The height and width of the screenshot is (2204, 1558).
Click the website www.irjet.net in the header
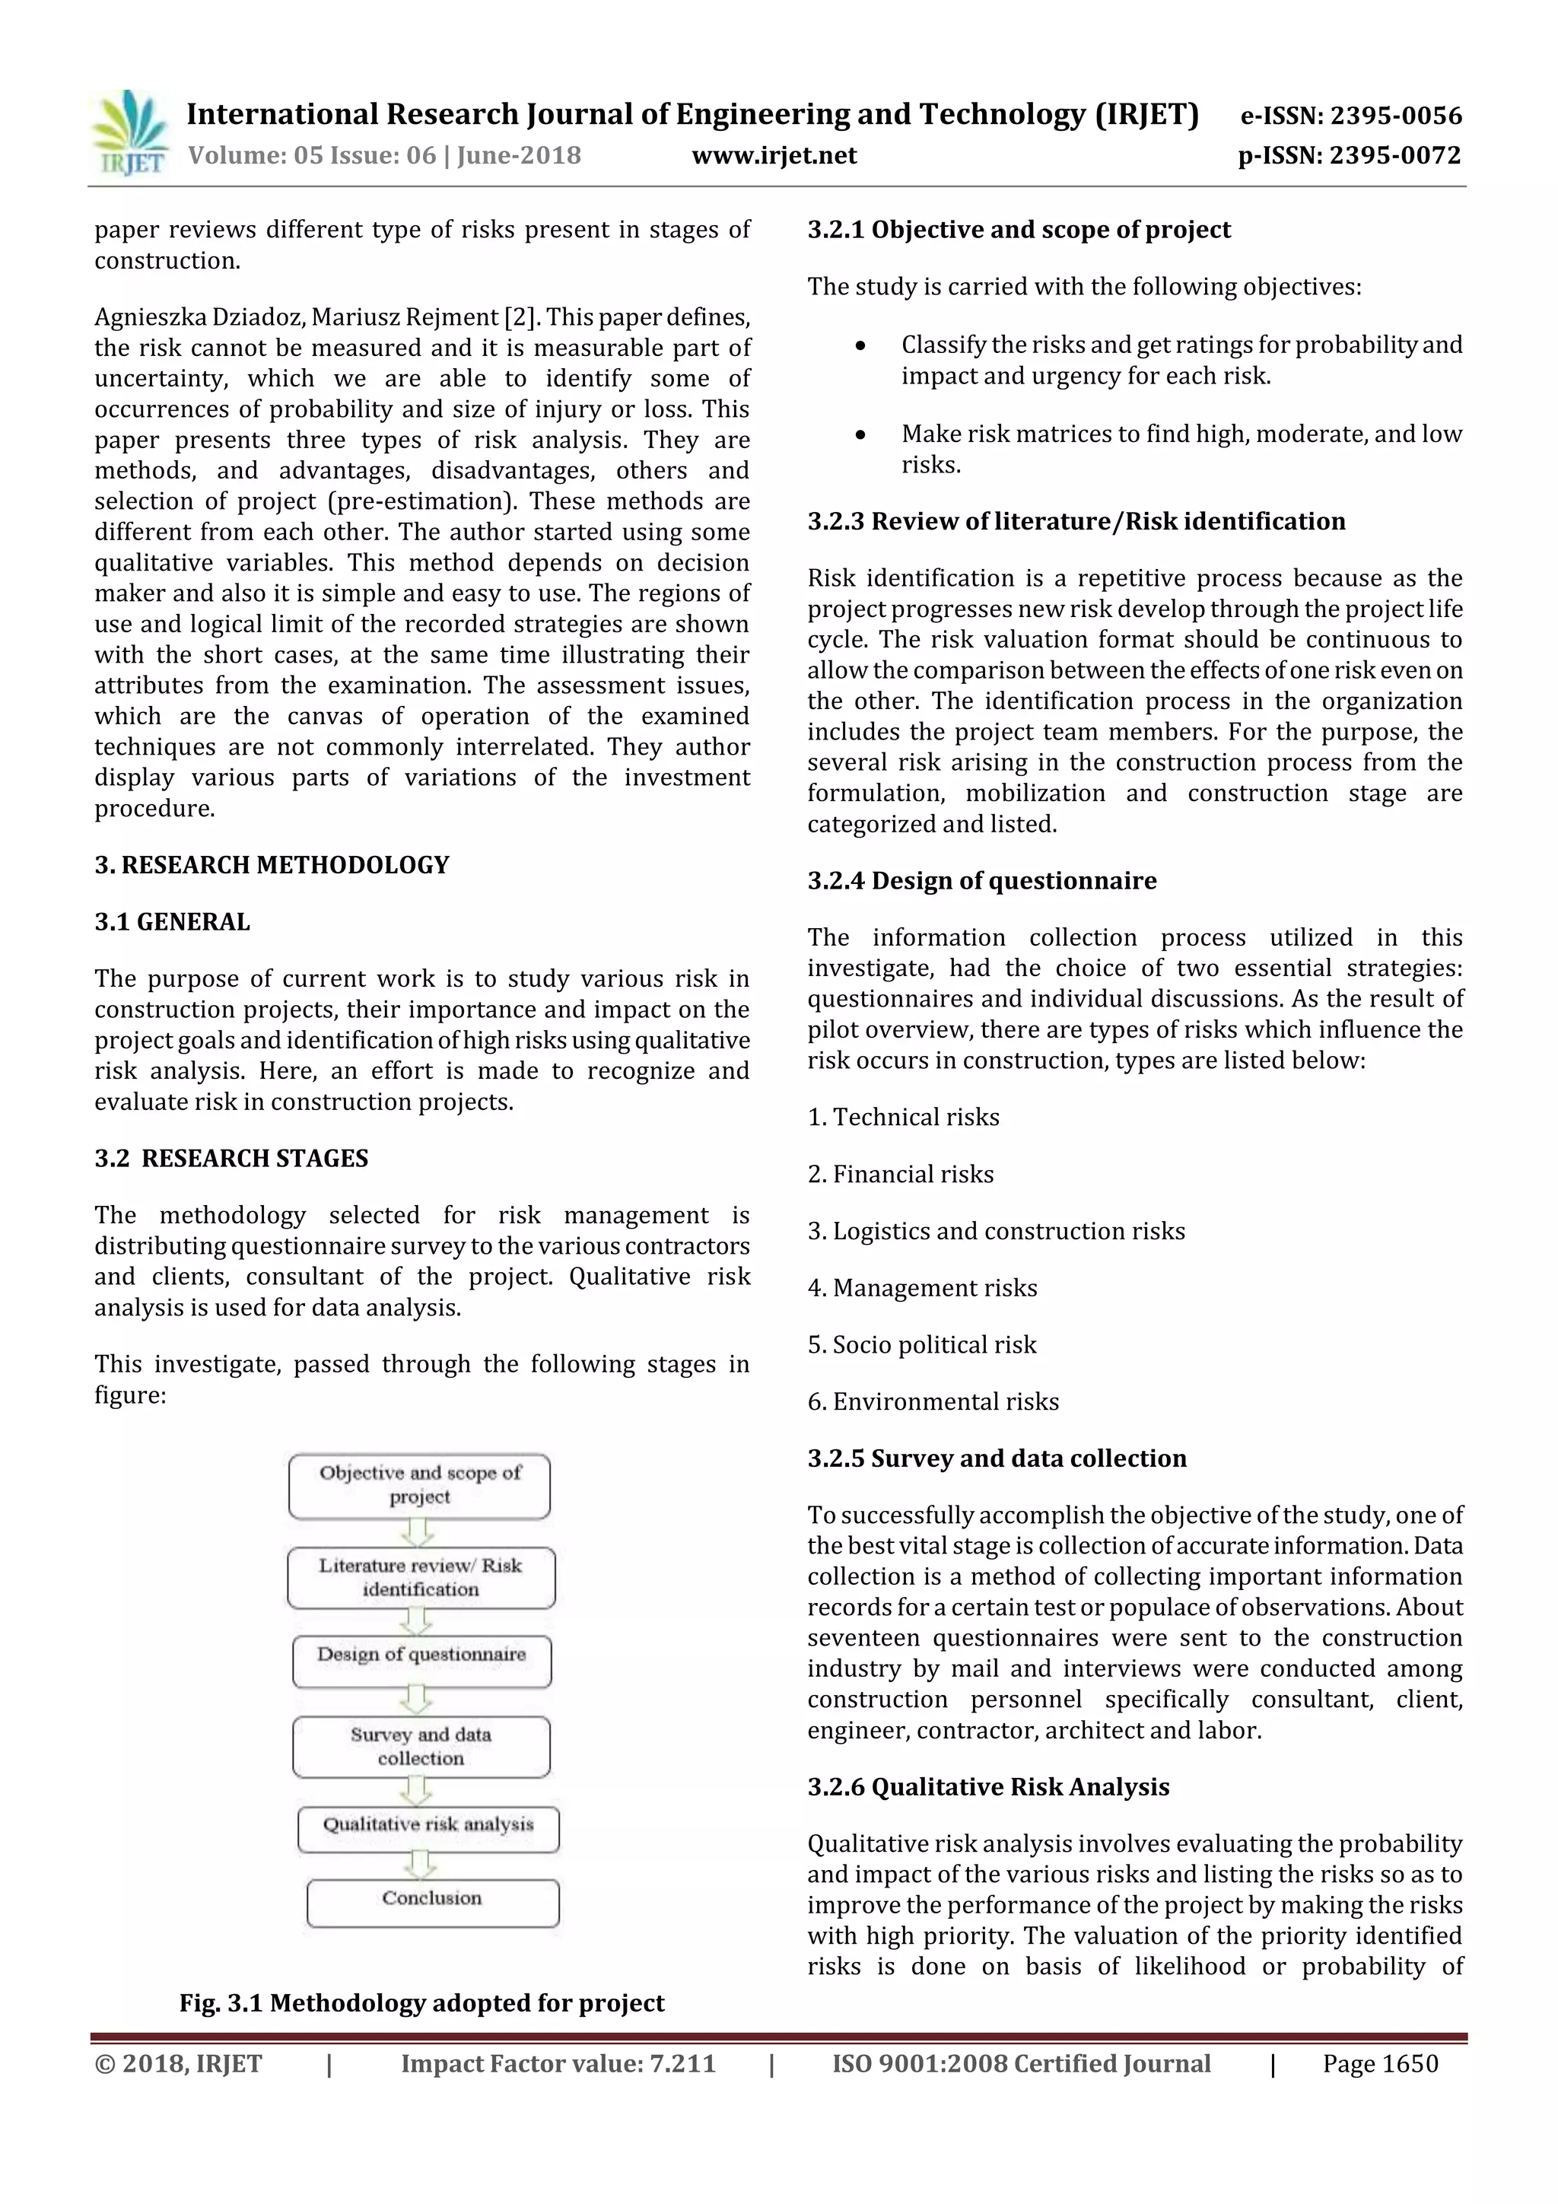tap(774, 155)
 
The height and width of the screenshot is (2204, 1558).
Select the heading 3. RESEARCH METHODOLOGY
tap(272, 865)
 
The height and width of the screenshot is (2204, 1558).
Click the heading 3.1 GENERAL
tap(172, 921)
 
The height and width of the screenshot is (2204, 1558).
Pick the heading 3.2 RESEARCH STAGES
tap(231, 1158)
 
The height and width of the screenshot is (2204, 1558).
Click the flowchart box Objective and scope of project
tap(419, 1485)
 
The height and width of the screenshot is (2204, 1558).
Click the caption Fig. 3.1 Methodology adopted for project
tap(421, 2002)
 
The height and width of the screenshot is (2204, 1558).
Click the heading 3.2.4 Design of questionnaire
tap(982, 880)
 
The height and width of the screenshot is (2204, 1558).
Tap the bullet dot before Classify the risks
tap(861, 345)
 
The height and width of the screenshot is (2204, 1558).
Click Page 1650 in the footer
tap(1379, 2063)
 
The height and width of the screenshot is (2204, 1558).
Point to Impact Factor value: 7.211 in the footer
tap(558, 2063)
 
